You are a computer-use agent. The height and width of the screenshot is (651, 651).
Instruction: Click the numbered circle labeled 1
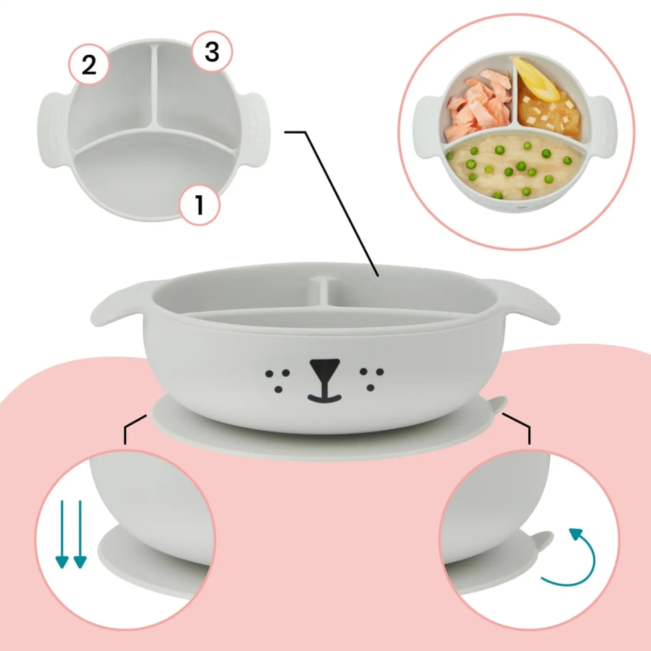(x=199, y=205)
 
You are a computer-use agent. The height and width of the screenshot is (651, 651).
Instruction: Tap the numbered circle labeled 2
(x=89, y=64)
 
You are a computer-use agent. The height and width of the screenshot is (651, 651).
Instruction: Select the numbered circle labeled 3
(x=212, y=51)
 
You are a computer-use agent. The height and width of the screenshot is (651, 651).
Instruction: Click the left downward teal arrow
(x=62, y=534)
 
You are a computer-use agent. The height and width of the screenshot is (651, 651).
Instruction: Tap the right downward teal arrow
(x=80, y=534)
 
